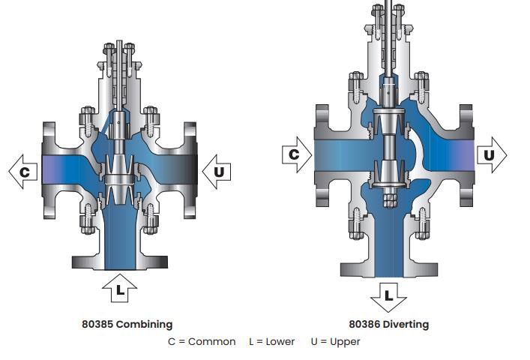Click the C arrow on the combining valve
point(23,172)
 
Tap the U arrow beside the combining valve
point(217,172)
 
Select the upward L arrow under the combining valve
point(120,288)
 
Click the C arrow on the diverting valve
point(297,154)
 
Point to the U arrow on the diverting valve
point(492,154)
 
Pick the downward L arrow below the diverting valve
point(389,298)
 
